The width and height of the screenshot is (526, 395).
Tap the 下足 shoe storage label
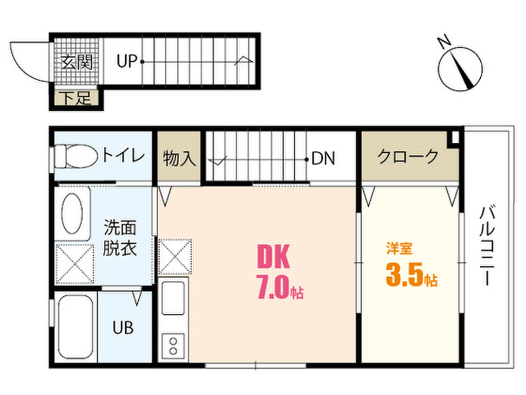tap(78, 98)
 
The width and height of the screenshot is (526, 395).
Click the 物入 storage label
tap(179, 158)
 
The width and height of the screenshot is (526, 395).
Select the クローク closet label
tap(408, 155)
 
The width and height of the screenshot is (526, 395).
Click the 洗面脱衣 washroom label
tap(120, 237)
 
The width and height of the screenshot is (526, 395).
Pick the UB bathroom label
tap(123, 327)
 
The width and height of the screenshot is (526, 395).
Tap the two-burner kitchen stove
tap(174, 346)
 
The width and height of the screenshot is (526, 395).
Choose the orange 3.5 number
tap(405, 276)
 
